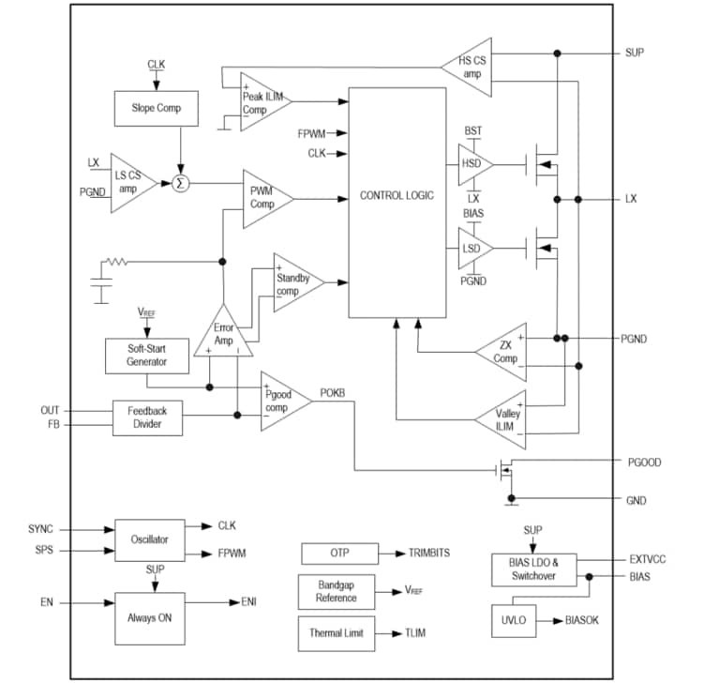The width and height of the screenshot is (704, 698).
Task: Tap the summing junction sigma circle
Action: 181,184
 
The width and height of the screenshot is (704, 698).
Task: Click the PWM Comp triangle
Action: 263,198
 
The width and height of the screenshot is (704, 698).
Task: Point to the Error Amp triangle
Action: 224,336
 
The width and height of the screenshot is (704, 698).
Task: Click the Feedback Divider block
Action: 148,417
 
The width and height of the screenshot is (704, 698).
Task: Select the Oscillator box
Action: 149,539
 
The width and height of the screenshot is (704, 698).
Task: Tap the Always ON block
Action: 149,617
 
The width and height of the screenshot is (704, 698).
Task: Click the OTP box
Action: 339,554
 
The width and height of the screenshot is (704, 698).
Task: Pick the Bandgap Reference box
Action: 336,592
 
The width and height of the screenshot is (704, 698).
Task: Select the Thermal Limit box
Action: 336,633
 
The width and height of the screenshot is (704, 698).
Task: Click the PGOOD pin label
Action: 645,462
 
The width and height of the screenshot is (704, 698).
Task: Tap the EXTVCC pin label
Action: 648,559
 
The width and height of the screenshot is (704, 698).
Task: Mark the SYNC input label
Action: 41,529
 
